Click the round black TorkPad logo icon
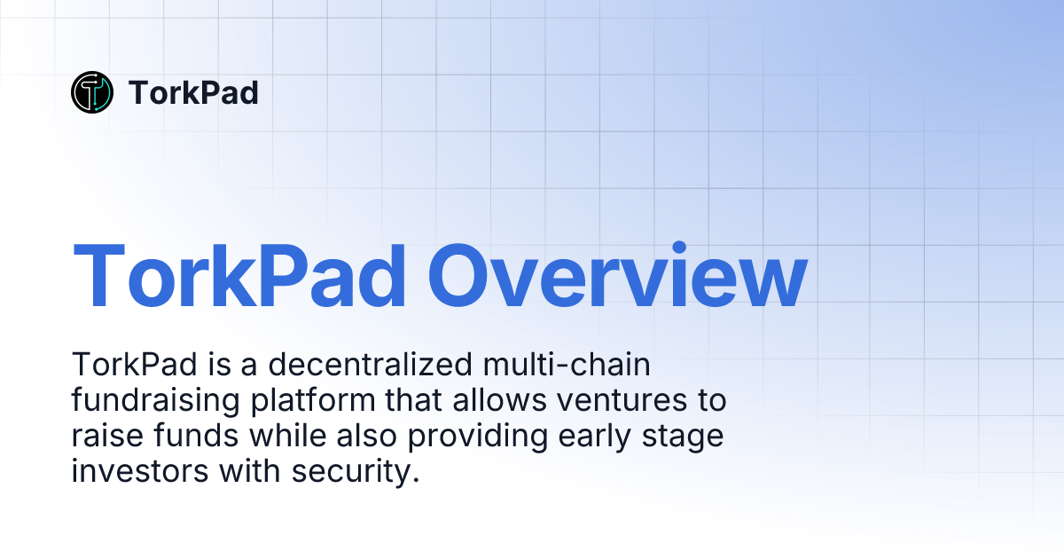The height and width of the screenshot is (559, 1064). pyautogui.click(x=92, y=92)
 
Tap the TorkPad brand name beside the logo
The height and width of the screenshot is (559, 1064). pyautogui.click(x=193, y=92)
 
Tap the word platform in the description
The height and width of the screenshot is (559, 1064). pyautogui.click(x=307, y=401)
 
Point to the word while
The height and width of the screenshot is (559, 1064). pyautogui.click(x=284, y=437)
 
